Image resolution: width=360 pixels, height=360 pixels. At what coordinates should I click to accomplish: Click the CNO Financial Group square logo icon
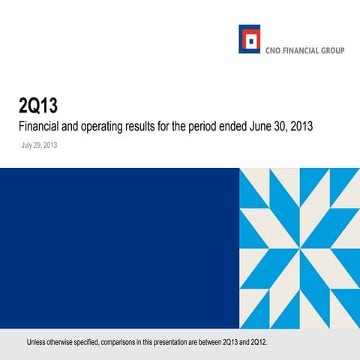click(249, 39)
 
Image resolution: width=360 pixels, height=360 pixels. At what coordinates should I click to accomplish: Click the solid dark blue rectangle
click(119, 248)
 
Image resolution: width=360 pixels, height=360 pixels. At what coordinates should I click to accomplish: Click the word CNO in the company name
click(271, 52)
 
